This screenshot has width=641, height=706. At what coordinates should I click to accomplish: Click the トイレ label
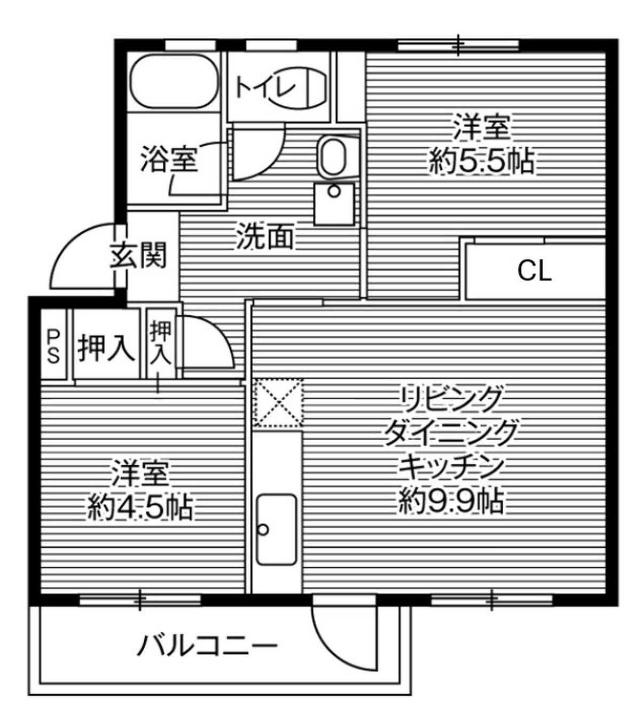[265, 86]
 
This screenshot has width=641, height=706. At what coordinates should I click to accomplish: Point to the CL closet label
[534, 272]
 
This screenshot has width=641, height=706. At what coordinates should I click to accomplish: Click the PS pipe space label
[53, 346]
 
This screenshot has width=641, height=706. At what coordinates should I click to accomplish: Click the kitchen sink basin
[276, 529]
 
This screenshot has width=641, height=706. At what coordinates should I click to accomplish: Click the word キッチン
[451, 466]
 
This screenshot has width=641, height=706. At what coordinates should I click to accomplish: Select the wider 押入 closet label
[106, 349]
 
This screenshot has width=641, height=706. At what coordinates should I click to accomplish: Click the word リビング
[451, 399]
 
